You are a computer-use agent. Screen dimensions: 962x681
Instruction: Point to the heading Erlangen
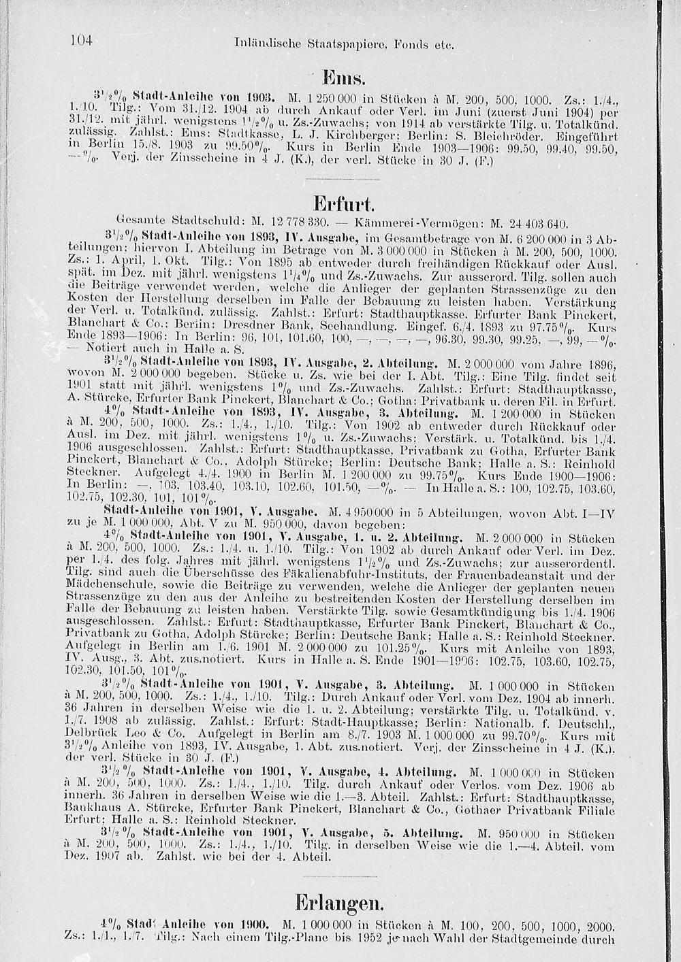point(340,904)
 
